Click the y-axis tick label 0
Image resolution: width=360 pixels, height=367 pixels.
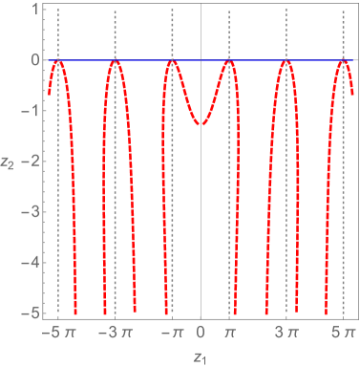pos(33,60)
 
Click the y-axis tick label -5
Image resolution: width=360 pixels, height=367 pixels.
pos(30,312)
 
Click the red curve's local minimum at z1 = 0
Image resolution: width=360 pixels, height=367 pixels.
pos(201,124)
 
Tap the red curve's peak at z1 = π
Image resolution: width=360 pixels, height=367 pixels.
pos(229,62)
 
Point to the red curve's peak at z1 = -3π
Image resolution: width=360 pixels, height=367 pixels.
pos(115,62)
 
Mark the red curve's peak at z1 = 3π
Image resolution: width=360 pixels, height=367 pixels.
pos(286,62)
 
